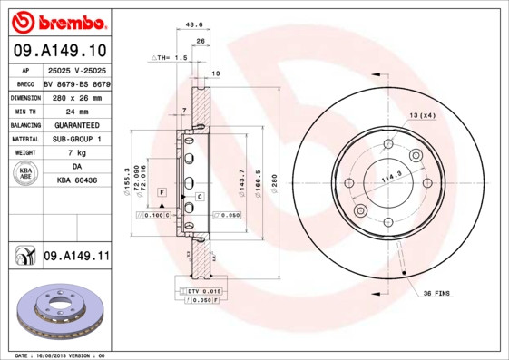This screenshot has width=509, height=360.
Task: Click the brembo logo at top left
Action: point(60,21)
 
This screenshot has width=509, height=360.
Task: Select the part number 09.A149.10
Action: point(60,51)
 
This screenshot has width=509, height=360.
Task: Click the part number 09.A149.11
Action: point(76,257)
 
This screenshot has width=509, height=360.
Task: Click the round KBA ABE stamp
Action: point(26,174)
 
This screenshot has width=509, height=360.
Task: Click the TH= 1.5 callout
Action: point(170,56)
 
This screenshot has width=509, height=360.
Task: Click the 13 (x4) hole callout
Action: point(422,115)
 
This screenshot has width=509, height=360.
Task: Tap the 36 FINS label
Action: point(436,295)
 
